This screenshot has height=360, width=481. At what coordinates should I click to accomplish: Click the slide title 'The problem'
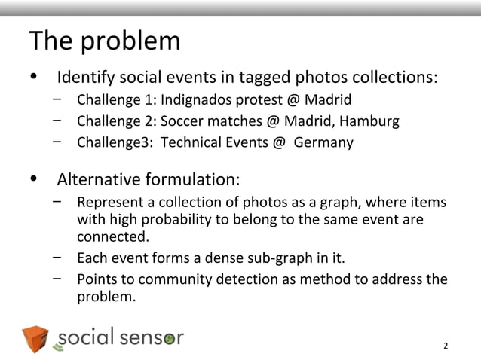point(104,41)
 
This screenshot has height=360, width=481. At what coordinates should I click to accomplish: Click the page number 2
point(446,346)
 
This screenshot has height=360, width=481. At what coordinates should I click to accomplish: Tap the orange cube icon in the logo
point(35,340)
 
